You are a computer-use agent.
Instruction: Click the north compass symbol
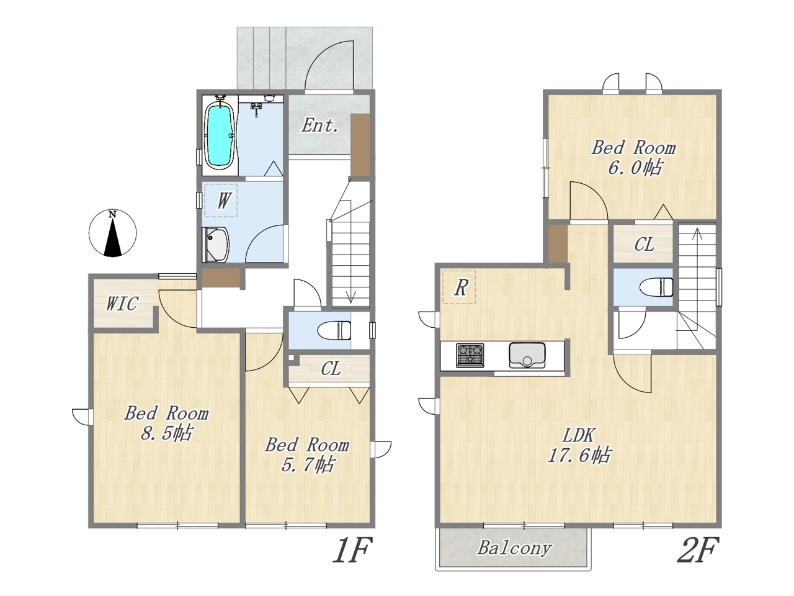click(112, 233)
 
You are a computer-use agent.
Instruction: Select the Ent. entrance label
click(319, 125)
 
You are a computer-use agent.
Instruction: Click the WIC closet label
click(122, 304)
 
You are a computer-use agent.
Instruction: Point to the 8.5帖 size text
click(166, 433)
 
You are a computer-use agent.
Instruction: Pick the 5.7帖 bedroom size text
click(307, 464)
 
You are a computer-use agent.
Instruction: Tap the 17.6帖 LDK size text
click(579, 455)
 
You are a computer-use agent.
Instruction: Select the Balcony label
click(514, 548)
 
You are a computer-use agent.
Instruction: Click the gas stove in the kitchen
click(470, 355)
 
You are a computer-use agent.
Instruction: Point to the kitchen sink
click(527, 355)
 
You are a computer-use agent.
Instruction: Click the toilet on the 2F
click(656, 287)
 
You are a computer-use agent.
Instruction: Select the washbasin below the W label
click(215, 245)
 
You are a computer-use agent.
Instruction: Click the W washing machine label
click(224, 201)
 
